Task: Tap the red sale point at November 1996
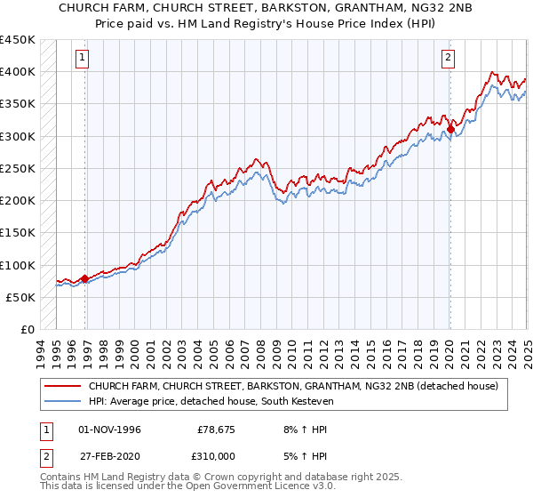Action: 85,278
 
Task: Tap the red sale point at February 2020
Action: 450,129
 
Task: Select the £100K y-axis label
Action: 18,265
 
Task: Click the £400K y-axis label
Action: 18,71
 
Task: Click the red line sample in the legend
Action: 62,386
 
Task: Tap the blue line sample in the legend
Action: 62,402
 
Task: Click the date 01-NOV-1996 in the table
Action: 109,430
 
